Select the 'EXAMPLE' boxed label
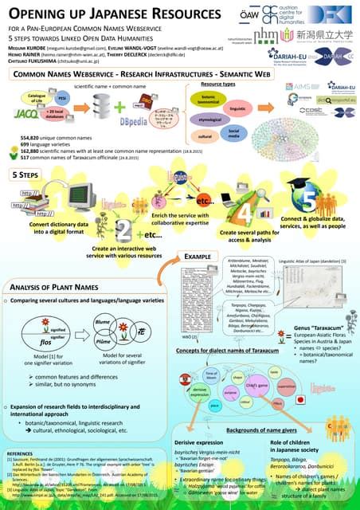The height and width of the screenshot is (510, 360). pos(195,257)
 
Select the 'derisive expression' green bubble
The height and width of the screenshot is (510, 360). pos(198,390)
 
